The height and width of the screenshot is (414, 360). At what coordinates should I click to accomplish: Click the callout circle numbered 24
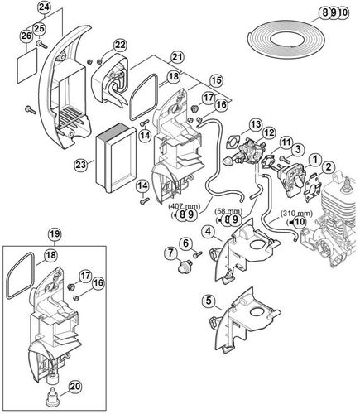(x=21, y=8)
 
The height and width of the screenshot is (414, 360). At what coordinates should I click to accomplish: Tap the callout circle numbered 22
(x=120, y=45)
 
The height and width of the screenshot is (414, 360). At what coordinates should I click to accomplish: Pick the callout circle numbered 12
(x=269, y=132)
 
